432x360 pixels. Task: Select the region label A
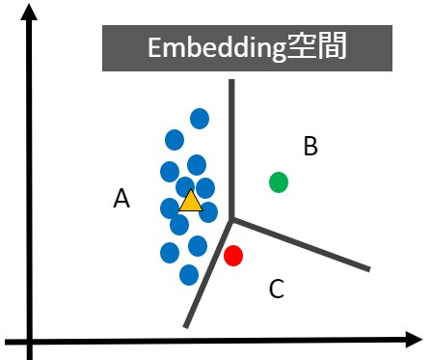point(121,199)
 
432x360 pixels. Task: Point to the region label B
point(310,147)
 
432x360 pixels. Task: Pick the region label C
point(277,288)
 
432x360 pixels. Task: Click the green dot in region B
point(279,181)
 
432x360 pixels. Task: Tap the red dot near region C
point(233,256)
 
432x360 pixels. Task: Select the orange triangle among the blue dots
point(191,202)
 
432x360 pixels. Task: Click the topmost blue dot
point(200,118)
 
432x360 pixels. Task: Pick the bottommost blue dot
point(189,275)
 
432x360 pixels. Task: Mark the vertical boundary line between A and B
point(231,145)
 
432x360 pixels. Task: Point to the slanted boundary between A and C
point(207,275)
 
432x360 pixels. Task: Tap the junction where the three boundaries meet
point(231,220)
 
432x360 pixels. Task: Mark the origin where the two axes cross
point(31,340)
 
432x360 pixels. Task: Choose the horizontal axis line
point(222,340)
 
